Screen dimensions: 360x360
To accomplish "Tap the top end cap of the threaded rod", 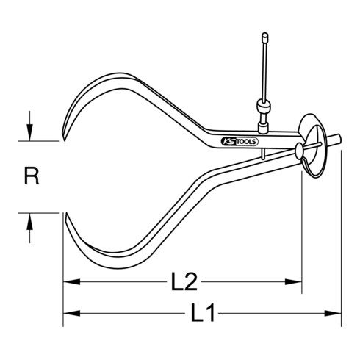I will point(264,35).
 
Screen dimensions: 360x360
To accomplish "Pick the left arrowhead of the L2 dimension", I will point(68,280).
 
